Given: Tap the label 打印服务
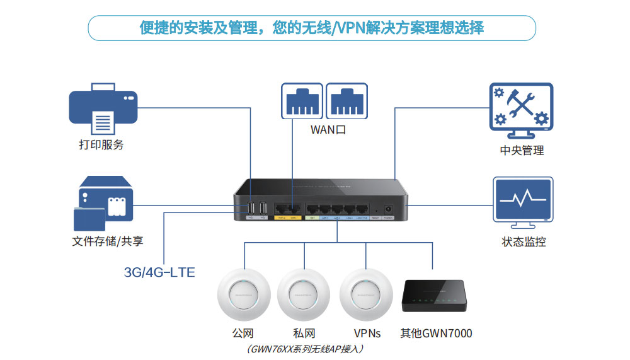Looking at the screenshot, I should [x=101, y=145].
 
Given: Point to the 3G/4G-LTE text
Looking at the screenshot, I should [x=159, y=272].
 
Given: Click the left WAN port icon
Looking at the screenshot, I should [x=302, y=101].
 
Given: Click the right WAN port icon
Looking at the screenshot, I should [x=346, y=101].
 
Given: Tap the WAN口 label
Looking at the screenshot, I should [x=328, y=131].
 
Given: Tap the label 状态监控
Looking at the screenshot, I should [x=524, y=242].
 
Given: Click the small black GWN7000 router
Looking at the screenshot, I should [x=433, y=296].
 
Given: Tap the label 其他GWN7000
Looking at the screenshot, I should [x=436, y=333].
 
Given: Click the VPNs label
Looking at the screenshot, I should [x=367, y=333].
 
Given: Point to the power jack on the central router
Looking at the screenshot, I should [x=387, y=208].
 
